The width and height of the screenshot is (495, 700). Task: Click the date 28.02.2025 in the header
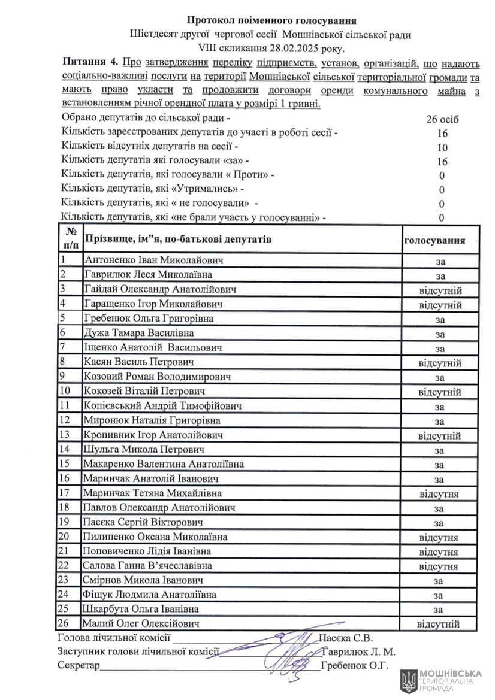click(299, 48)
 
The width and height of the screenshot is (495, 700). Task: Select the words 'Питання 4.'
click(89, 62)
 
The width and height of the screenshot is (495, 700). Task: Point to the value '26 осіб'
click(442, 119)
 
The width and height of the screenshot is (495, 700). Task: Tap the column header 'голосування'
click(435, 240)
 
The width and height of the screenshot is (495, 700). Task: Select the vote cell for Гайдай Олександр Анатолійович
click(440, 290)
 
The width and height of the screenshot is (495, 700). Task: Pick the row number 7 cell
click(70, 348)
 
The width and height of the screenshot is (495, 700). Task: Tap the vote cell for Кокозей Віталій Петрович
click(440, 392)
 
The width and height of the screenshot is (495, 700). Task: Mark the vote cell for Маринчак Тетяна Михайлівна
click(440, 494)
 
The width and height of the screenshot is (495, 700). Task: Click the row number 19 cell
click(70, 523)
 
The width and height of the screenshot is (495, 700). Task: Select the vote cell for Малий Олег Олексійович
click(440, 624)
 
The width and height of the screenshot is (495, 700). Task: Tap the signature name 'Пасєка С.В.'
click(346, 638)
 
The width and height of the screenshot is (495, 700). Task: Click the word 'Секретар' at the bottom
click(79, 665)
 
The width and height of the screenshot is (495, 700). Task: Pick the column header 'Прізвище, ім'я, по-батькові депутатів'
click(178, 240)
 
